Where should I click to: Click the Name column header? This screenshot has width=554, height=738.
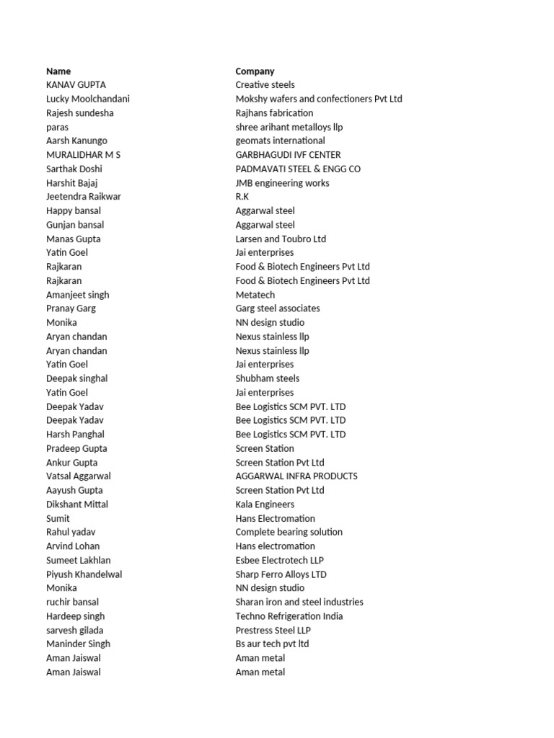(58, 71)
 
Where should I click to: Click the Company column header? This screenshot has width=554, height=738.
(255, 71)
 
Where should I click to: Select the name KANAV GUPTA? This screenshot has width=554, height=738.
(75, 85)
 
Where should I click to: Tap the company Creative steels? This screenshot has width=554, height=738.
(265, 85)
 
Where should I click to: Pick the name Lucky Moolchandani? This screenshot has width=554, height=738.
(87, 99)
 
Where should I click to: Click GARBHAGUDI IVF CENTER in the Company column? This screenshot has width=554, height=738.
(288, 155)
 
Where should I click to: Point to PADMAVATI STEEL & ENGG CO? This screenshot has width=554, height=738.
(298, 169)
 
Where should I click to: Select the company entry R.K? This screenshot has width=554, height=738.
(242, 197)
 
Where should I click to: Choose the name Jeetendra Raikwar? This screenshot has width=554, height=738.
(83, 197)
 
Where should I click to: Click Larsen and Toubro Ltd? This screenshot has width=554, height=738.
(281, 239)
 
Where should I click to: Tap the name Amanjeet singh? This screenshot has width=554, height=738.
(77, 295)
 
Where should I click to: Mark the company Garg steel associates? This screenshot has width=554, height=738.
(278, 308)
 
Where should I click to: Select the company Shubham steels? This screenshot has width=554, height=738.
(267, 378)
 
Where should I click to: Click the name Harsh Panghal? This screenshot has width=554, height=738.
(75, 435)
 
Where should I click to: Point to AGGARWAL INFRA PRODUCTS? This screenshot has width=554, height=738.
(296, 476)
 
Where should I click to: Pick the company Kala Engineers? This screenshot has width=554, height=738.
(265, 504)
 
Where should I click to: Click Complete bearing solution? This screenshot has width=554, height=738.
(289, 532)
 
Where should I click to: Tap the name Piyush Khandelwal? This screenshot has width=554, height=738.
(84, 574)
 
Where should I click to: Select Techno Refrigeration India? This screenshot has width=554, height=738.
(289, 616)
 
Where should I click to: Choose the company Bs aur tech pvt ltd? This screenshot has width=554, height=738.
(272, 644)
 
